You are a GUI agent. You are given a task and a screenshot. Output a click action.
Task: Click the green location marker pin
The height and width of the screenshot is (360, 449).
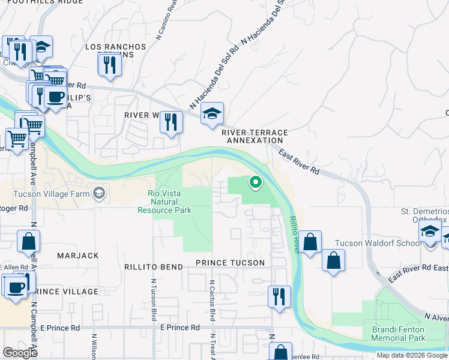pyautogui.click(x=255, y=181)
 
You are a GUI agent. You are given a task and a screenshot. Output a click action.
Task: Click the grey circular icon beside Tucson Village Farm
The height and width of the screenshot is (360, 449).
pyautogui.click(x=98, y=193)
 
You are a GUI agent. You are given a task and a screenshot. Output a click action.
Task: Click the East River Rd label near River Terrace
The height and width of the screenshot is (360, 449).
pyautogui.click(x=298, y=162)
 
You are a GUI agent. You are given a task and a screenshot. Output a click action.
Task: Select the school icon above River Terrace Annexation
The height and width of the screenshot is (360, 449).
pyautogui.click(x=211, y=113)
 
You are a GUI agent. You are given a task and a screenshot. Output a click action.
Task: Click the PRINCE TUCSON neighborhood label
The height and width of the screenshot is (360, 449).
pyautogui.click(x=230, y=263)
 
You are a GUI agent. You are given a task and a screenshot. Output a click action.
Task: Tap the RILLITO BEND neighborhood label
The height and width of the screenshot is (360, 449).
pyautogui.click(x=153, y=266)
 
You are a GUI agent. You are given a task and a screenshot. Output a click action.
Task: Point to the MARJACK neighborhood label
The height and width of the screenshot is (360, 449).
pyautogui.click(x=77, y=256)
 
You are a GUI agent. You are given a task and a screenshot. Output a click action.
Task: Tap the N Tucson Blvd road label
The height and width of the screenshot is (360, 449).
pyautogui.click(x=153, y=299)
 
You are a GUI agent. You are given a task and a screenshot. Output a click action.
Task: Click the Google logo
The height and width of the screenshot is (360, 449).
pyautogui.click(x=20, y=353)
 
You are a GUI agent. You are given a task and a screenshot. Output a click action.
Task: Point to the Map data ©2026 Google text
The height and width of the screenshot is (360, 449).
pyautogui.click(x=411, y=355)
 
